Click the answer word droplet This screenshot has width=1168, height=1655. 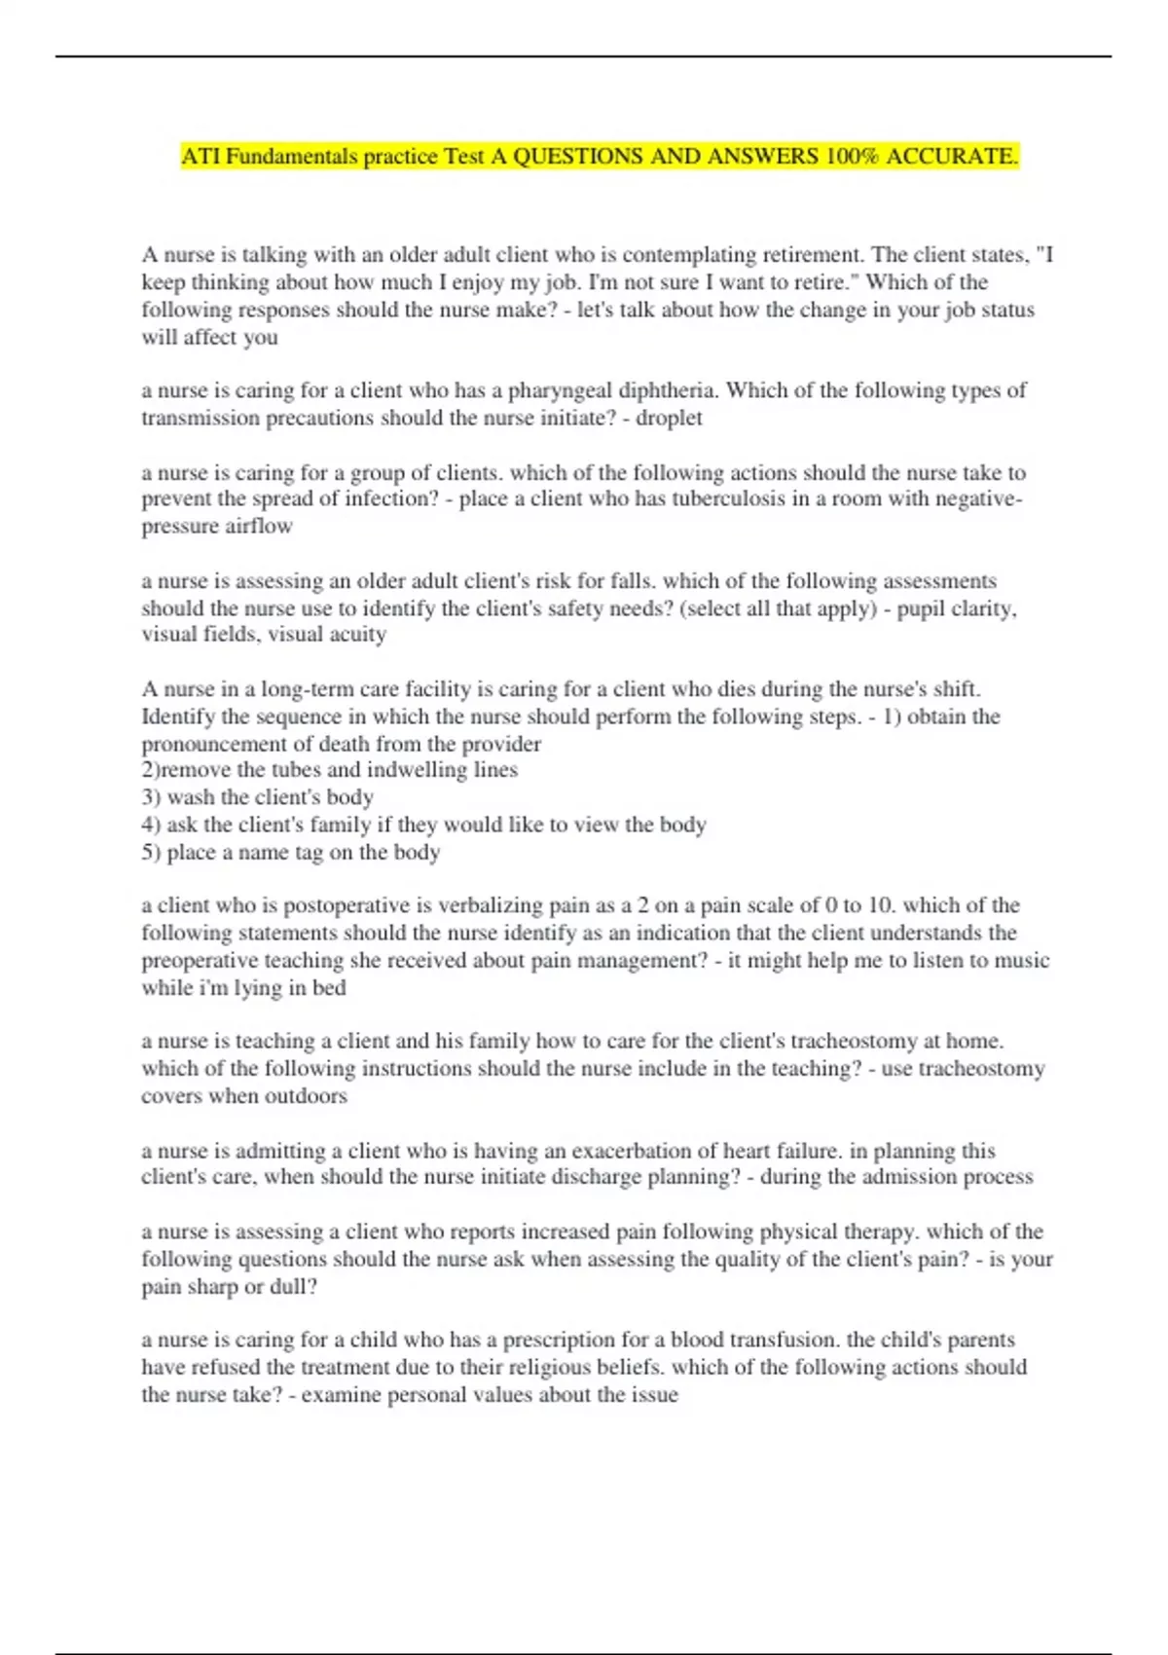coord(669,418)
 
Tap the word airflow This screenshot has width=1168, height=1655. coord(259,527)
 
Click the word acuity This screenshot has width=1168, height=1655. coord(356,635)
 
